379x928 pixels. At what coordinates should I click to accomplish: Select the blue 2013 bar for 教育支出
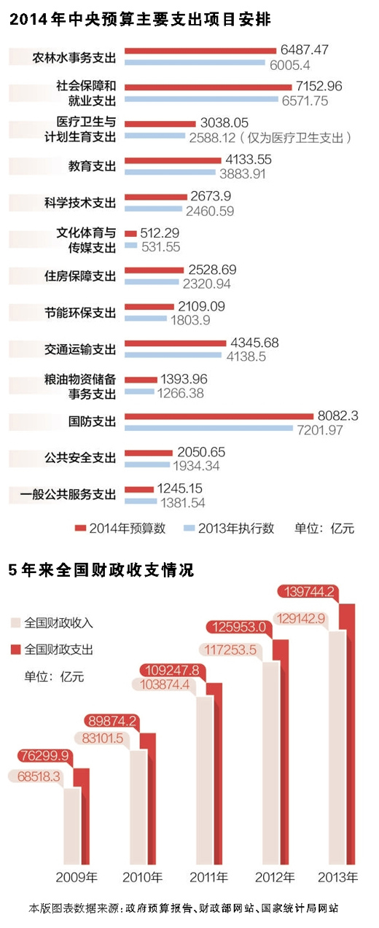tap(171, 173)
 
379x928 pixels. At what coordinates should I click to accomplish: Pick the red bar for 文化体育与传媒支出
tap(130, 234)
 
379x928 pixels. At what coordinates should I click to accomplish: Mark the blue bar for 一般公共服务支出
tap(141, 502)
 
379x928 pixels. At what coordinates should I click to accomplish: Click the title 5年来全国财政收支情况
tap(101, 570)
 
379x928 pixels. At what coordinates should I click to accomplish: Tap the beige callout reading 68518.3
tap(34, 777)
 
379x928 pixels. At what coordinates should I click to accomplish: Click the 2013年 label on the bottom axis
tap(340, 876)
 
